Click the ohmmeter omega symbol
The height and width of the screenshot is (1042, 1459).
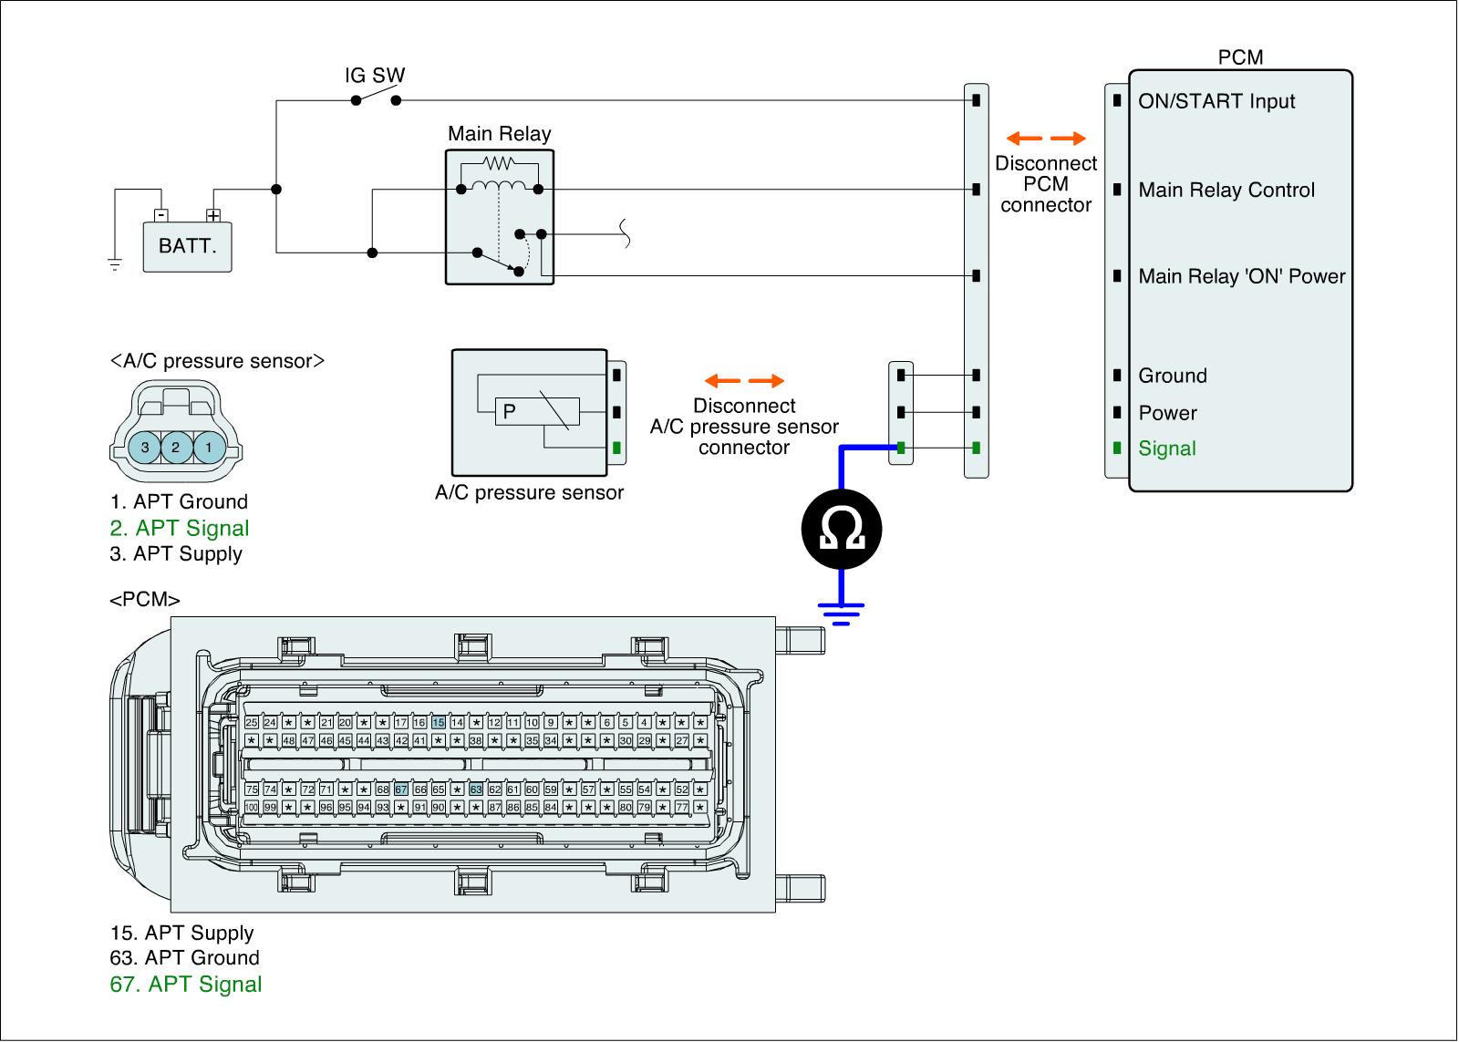(842, 529)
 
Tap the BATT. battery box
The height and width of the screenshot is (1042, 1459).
(188, 246)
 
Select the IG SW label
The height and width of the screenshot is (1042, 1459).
(375, 76)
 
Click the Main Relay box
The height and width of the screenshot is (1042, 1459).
(500, 218)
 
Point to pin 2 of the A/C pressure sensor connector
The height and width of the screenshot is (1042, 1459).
(176, 448)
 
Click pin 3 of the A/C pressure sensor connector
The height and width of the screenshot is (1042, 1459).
(145, 448)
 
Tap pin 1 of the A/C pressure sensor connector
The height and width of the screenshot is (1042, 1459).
(209, 448)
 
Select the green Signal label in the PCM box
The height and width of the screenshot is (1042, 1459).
(1167, 449)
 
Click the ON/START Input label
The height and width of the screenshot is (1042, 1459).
(1216, 101)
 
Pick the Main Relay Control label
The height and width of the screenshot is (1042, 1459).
(1226, 191)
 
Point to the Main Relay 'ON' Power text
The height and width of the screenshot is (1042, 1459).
(1242, 276)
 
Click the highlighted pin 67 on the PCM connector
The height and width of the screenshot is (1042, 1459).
(401, 789)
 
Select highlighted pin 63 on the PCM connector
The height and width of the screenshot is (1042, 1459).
(476, 789)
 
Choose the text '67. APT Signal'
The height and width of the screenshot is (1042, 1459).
(186, 985)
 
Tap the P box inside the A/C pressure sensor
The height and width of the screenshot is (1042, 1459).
(510, 411)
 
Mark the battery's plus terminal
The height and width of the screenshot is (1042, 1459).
(213, 216)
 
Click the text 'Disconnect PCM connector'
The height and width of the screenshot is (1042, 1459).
(1046, 184)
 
